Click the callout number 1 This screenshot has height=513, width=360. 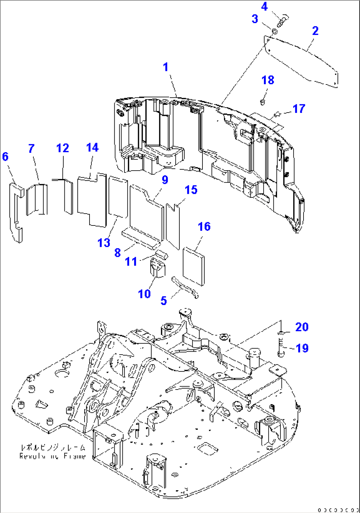coord(165,67)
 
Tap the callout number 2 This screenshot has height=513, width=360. coord(315,31)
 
